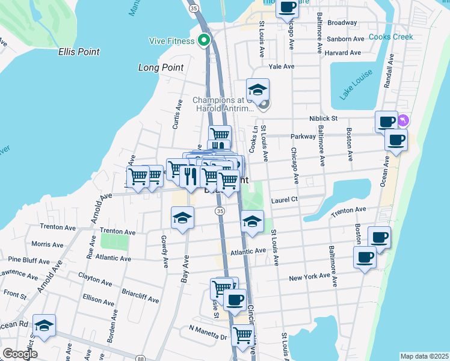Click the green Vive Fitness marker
click(x=204, y=41)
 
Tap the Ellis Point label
click(x=79, y=52)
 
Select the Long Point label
click(x=161, y=67)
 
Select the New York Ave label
click(x=309, y=277)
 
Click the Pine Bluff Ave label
click(x=29, y=262)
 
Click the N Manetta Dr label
click(x=206, y=329)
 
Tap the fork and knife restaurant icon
click(x=191, y=176)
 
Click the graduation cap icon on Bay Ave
click(x=182, y=217)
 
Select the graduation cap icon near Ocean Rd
click(x=44, y=325)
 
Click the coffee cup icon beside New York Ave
click(x=365, y=258)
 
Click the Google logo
click(x=20, y=354)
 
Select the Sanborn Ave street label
click(x=346, y=39)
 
